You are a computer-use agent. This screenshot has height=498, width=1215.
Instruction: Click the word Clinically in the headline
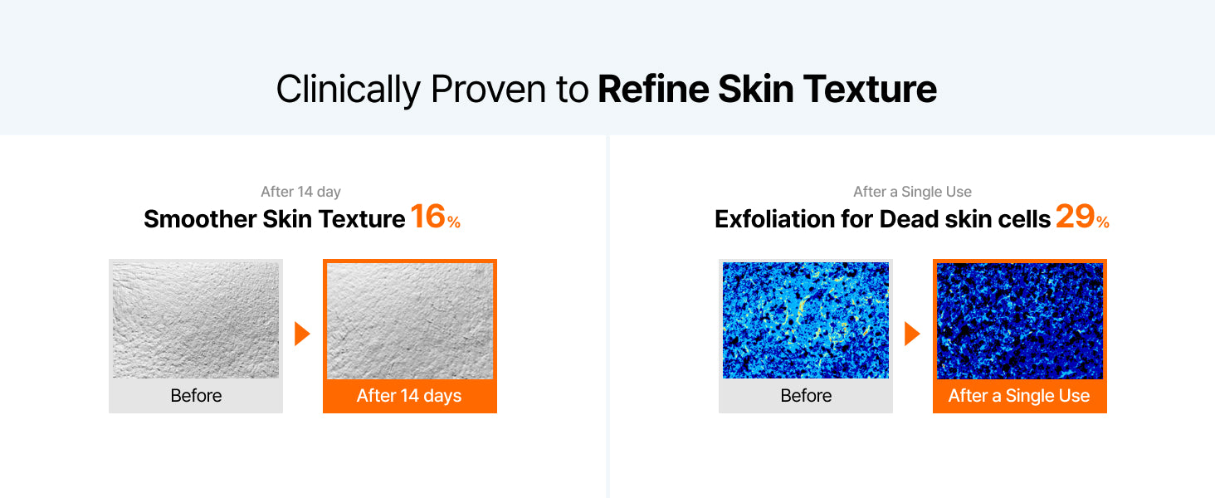point(349,90)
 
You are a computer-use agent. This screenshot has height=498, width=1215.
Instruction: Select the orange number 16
point(427,216)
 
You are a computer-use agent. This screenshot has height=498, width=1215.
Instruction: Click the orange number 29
point(1075,216)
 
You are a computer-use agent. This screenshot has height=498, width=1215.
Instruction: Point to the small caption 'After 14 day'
point(300,192)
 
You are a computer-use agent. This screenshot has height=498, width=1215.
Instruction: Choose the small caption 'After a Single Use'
point(912,192)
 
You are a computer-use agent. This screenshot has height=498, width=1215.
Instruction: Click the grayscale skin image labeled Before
point(196,320)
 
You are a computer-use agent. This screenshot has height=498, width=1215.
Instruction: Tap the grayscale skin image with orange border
point(410,320)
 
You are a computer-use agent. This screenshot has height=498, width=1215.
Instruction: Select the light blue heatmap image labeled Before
point(806,320)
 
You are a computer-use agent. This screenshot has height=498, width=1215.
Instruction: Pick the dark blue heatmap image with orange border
point(1020,320)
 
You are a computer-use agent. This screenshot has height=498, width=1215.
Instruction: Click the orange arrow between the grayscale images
point(302,334)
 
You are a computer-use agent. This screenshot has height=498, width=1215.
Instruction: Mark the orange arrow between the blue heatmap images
point(912,334)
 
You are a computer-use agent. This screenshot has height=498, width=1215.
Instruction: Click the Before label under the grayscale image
point(196,395)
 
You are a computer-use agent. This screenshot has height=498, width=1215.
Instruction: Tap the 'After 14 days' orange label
point(409,395)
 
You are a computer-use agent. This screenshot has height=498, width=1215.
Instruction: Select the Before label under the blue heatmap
point(806,395)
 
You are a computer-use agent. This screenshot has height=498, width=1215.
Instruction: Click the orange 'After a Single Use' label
point(1019,395)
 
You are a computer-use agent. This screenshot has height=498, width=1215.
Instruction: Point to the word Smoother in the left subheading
point(200,219)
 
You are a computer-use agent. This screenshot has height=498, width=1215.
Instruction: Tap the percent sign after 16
point(453,222)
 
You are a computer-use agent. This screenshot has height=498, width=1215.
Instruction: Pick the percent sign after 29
point(1102,222)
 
